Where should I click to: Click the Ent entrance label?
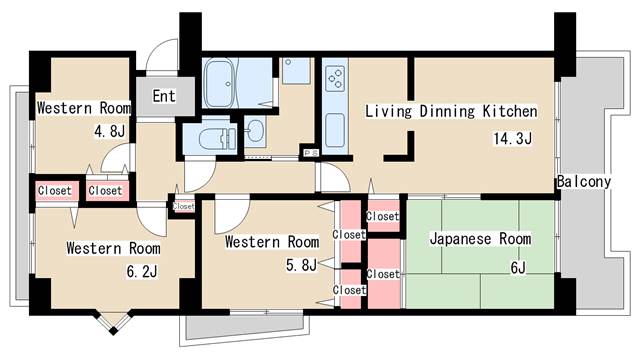click(165, 98)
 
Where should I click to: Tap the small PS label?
click(311, 152)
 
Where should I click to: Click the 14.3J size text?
click(510, 138)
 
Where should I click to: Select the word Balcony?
click(583, 182)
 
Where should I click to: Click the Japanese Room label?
click(480, 240)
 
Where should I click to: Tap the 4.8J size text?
click(110, 131)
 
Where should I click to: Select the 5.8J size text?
click(301, 265)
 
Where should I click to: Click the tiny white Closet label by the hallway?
click(184, 207)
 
